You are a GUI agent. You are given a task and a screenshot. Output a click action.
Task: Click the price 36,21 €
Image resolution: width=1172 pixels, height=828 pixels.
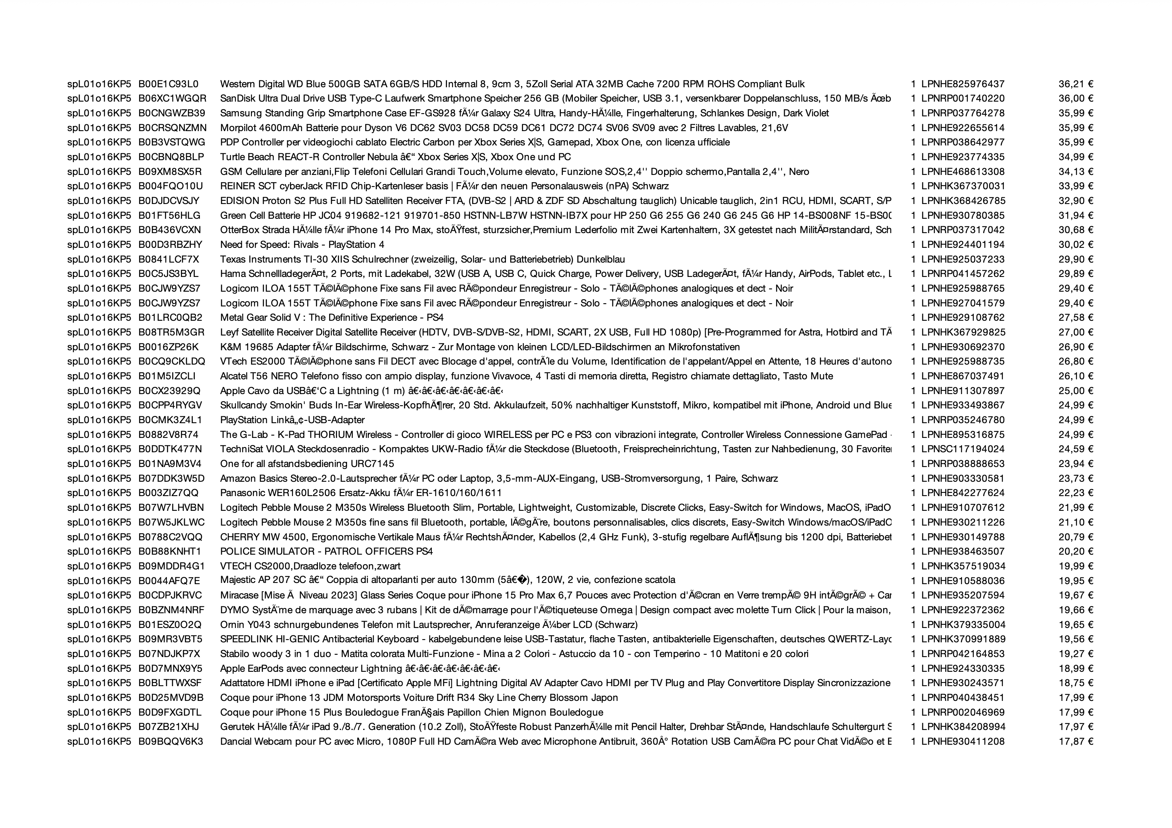pos(1076,84)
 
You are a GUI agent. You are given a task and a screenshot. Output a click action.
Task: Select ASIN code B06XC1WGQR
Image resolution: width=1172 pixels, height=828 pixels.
pos(172,98)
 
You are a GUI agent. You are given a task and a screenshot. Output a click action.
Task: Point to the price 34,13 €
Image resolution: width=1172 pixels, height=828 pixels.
pos(1076,171)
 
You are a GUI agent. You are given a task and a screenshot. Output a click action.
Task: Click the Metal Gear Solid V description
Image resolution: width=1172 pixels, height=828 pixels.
pos(331,318)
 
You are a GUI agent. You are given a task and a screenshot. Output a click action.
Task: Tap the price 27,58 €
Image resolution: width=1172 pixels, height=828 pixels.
pos(1076,318)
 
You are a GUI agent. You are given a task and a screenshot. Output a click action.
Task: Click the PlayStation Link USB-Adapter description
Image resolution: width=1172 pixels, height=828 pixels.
pos(292,420)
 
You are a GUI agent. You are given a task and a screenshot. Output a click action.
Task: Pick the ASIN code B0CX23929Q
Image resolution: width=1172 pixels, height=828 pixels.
pos(169,391)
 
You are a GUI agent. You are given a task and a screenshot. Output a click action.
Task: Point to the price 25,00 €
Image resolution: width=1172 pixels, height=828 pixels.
pos(1076,391)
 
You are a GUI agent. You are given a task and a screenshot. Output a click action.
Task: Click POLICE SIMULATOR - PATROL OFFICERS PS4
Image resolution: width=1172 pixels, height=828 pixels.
pos(326,551)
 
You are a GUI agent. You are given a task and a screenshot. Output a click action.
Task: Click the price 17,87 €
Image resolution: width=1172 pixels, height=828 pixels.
pos(1076,741)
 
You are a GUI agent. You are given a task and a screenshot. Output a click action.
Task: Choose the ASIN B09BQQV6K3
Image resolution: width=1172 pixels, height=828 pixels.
pos(171,741)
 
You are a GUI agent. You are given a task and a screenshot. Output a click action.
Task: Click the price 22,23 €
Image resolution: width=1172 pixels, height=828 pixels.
pos(1076,493)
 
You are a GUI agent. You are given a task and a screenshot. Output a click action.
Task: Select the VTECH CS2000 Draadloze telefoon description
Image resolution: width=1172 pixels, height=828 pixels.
pos(310,566)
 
